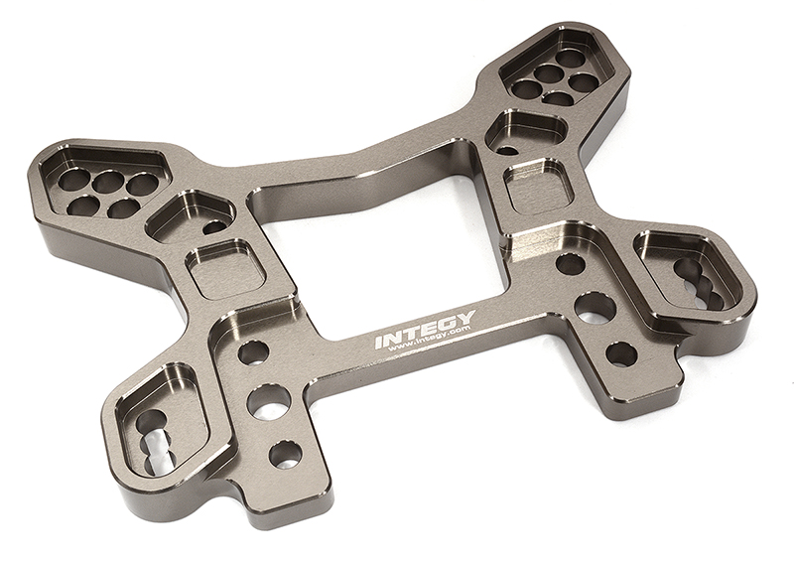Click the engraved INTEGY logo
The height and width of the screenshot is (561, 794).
[425, 329]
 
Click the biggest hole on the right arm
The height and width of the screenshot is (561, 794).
[595, 308]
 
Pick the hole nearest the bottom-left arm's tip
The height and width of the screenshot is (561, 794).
[286, 453]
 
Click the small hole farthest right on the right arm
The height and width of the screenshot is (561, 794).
[621, 353]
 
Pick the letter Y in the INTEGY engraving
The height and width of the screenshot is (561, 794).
[464, 319]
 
